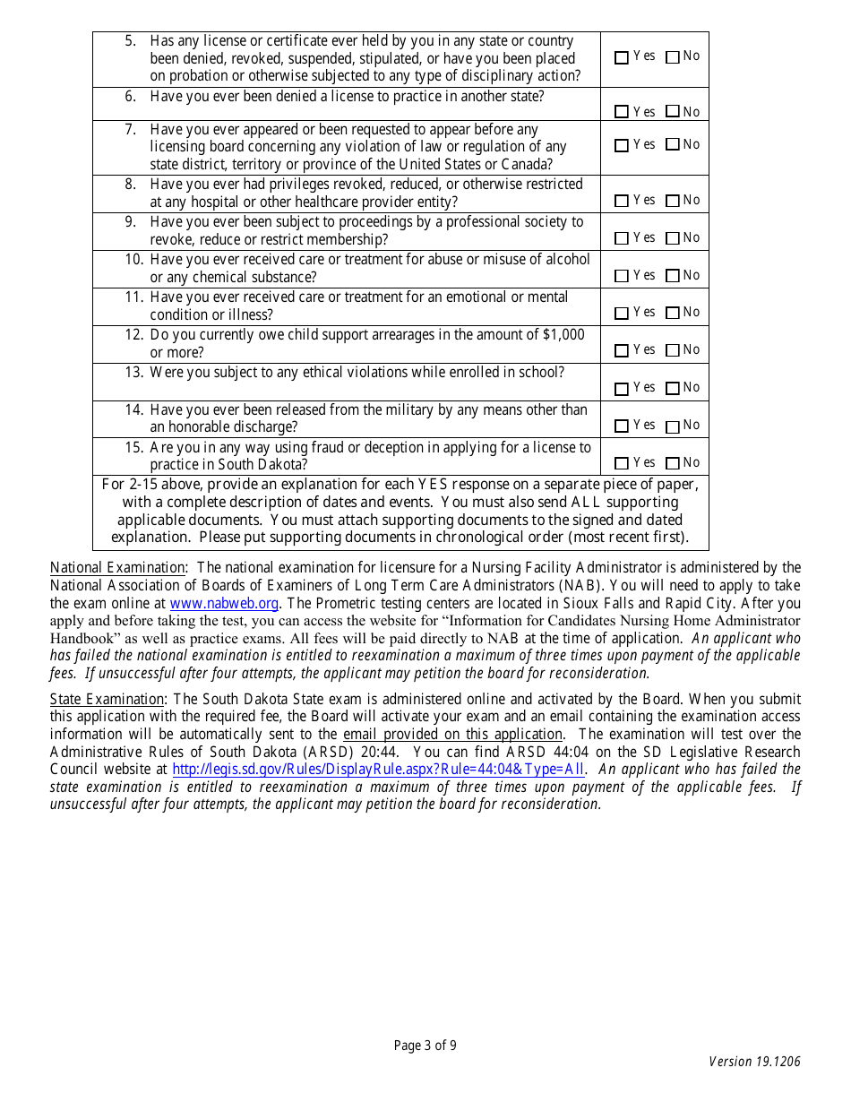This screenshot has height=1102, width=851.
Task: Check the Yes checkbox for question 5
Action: coord(622,57)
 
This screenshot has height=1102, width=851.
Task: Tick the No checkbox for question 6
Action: coord(673,113)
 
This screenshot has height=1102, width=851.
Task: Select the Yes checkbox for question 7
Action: coord(622,146)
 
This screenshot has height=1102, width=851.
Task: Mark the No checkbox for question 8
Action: coord(673,202)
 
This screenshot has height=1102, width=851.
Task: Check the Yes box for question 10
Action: coord(622,277)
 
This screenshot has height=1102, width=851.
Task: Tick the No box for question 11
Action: coord(673,314)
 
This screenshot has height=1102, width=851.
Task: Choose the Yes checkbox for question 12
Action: coord(622,351)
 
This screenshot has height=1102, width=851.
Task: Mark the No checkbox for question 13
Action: coord(673,389)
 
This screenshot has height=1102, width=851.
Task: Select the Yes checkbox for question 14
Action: coord(622,426)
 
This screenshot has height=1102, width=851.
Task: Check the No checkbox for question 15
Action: coord(673,464)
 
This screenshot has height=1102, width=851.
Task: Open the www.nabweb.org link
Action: coord(224,604)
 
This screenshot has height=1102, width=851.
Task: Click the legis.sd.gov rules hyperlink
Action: coord(378,769)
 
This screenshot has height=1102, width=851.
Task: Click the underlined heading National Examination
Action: coord(117,567)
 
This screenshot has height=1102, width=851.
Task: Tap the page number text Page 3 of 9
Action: coord(425,1045)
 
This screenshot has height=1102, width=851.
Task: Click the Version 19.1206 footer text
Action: coord(754,1062)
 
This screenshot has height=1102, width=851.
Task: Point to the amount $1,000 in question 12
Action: coord(563,334)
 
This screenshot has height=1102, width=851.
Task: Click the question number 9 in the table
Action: coord(131,221)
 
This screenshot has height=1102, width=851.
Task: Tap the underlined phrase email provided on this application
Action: coord(452,734)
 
